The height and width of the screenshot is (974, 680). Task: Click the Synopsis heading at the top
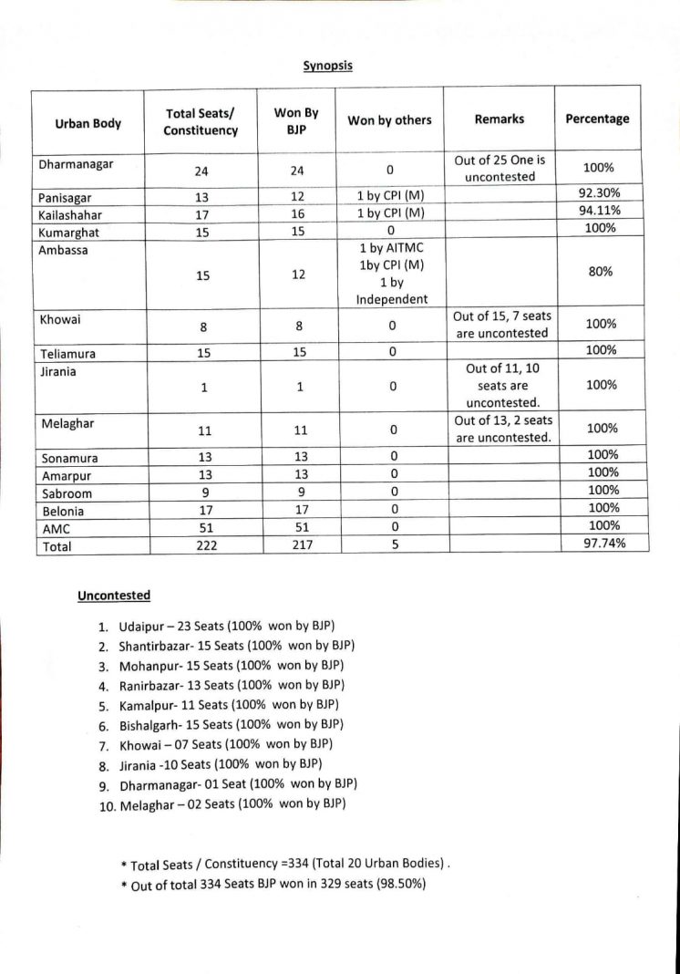(x=327, y=66)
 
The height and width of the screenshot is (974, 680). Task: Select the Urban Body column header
(x=88, y=123)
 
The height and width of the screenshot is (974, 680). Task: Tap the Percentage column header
(x=597, y=119)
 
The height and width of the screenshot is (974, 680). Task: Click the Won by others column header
(x=389, y=120)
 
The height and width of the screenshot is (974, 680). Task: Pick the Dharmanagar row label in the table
(x=76, y=165)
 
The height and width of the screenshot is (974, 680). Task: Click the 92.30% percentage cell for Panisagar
(x=599, y=192)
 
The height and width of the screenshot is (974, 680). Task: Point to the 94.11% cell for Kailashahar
(x=599, y=210)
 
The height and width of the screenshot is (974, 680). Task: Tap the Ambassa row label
(x=64, y=249)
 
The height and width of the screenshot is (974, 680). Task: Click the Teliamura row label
(x=68, y=354)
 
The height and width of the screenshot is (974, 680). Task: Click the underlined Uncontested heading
(x=114, y=596)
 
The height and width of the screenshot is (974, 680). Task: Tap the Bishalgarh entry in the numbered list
(x=231, y=724)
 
